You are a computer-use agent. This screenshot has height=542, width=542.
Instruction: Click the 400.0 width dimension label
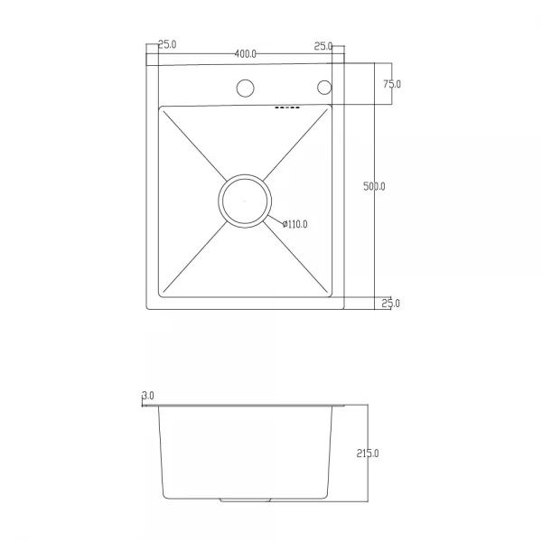click(246, 54)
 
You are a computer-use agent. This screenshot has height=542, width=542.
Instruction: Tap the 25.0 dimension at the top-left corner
click(167, 45)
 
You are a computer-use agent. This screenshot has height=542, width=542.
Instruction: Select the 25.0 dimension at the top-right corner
click(323, 45)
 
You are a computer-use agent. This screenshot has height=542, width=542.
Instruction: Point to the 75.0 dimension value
click(392, 84)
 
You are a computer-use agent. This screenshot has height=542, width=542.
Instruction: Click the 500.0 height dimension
click(374, 187)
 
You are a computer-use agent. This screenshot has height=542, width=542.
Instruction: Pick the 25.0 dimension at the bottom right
click(390, 304)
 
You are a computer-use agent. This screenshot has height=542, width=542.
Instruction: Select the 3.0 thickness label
click(147, 396)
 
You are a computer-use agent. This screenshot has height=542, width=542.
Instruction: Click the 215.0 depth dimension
click(367, 453)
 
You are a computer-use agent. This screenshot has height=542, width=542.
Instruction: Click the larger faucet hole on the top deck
click(245, 89)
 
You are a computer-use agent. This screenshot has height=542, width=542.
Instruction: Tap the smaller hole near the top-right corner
click(323, 88)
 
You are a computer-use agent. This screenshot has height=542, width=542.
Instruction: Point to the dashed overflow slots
click(285, 109)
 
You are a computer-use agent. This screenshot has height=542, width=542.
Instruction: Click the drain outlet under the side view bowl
click(245, 499)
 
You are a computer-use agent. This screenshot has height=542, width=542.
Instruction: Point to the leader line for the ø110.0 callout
click(276, 220)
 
